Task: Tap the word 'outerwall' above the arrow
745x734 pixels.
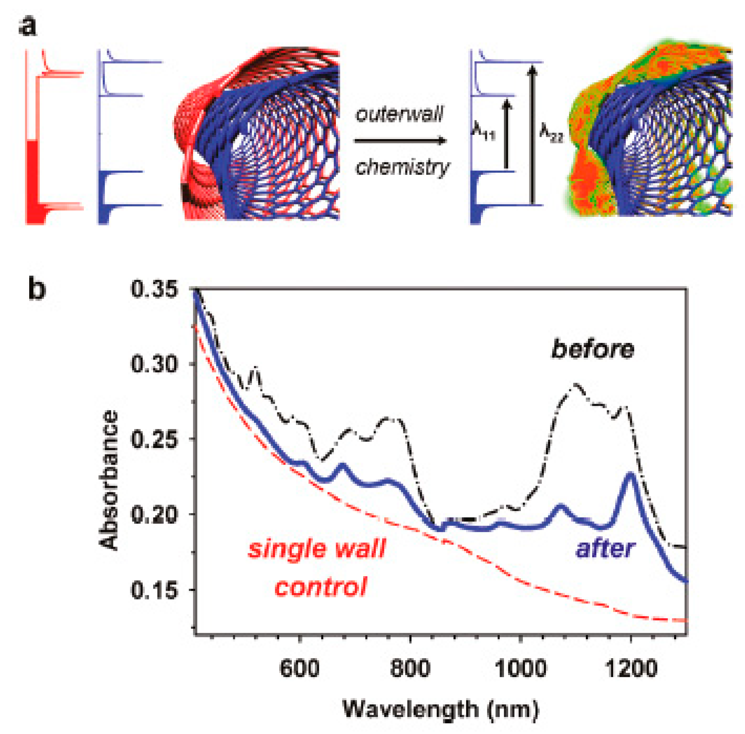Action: pyautogui.click(x=399, y=115)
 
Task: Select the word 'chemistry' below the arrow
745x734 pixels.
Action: pyautogui.click(x=402, y=167)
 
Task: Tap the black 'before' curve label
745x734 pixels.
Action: pyautogui.click(x=592, y=350)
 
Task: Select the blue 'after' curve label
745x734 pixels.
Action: pyautogui.click(x=606, y=548)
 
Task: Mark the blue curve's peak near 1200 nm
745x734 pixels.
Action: pyautogui.click(x=630, y=474)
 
